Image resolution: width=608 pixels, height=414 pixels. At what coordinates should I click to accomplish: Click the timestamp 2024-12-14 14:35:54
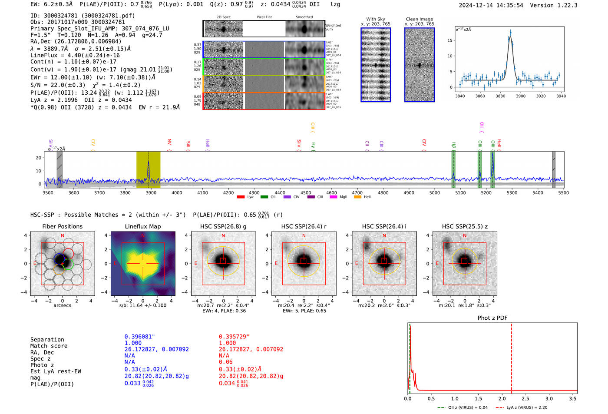point(491,5)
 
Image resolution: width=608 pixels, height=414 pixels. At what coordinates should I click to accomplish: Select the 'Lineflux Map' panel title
point(142,226)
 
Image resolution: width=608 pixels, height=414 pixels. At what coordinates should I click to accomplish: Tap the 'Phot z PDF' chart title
point(492,318)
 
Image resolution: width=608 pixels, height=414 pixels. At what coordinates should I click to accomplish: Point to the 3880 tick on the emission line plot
point(500,96)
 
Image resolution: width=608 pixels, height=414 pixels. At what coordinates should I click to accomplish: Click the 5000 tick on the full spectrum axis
point(435,193)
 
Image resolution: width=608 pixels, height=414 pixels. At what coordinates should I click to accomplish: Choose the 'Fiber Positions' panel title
point(62,226)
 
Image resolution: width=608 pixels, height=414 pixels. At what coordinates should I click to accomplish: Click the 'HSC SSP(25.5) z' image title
point(465,226)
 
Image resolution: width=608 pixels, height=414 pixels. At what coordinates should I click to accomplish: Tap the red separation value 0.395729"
point(234,337)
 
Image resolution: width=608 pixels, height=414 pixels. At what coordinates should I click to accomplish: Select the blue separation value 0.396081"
point(140,337)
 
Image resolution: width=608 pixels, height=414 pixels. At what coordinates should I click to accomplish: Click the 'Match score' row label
point(49,346)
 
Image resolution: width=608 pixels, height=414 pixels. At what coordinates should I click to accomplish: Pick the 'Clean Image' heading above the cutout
point(419,19)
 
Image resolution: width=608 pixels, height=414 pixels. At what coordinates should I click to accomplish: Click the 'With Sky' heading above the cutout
point(375,19)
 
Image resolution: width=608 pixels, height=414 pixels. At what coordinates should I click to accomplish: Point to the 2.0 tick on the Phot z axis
point(502,398)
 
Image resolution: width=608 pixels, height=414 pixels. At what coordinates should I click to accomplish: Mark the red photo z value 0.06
point(225,362)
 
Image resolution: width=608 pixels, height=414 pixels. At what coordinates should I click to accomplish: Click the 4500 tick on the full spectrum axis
point(306,193)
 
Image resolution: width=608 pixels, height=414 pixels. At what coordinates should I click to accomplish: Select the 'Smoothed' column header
point(304,17)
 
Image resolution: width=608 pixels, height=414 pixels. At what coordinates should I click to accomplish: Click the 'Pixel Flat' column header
point(264,17)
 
